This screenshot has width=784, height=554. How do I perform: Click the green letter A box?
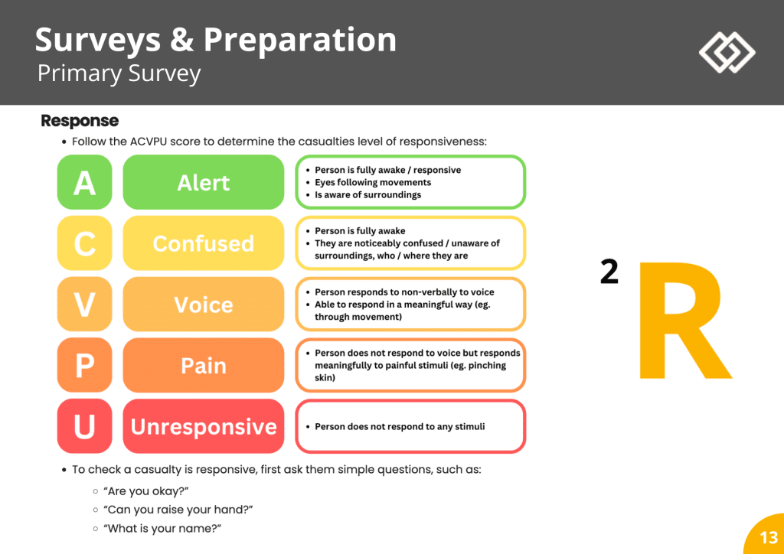pyautogui.click(x=84, y=182)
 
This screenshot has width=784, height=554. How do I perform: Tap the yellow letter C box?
pyautogui.click(x=84, y=243)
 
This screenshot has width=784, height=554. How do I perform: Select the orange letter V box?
pyautogui.click(x=84, y=305)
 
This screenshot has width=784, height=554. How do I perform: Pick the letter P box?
pyautogui.click(x=84, y=365)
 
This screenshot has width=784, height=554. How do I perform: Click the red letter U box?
pyautogui.click(x=84, y=426)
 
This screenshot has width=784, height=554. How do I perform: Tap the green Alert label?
pyautogui.click(x=203, y=182)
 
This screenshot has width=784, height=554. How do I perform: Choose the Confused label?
pyautogui.click(x=203, y=243)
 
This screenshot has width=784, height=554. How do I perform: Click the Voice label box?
pyautogui.click(x=203, y=305)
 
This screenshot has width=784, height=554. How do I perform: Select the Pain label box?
pyautogui.click(x=203, y=365)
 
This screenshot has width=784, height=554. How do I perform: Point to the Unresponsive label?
pyautogui.click(x=203, y=426)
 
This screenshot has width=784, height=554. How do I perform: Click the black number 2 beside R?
pyautogui.click(x=609, y=272)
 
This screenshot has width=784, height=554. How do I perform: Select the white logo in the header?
pyautogui.click(x=727, y=52)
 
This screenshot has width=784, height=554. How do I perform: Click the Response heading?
pyautogui.click(x=80, y=121)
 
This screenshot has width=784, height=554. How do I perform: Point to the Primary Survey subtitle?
pyautogui.click(x=119, y=73)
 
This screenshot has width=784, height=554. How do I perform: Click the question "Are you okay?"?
pyautogui.click(x=145, y=490)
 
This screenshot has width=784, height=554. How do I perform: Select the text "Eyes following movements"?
pyautogui.click(x=373, y=182)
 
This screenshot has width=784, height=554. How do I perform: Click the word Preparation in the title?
pyautogui.click(x=299, y=40)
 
